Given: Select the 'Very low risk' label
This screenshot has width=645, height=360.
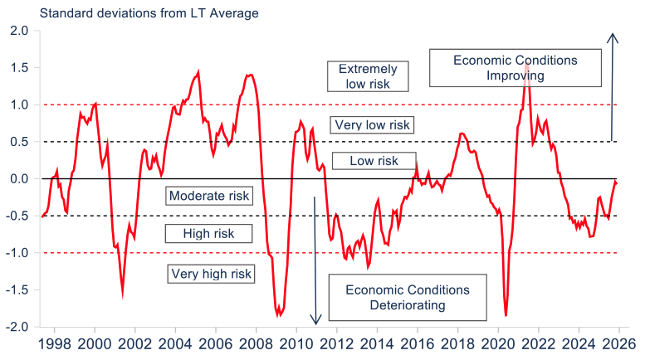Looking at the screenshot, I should coord(372,125).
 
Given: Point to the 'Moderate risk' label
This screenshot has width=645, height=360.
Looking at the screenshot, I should coord(208,197).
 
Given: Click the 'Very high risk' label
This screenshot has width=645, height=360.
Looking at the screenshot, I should coord(210,273).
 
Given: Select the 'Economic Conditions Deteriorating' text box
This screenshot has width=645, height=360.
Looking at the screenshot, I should coord(407,297).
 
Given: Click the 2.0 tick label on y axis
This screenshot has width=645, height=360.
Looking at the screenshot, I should coord(19,32).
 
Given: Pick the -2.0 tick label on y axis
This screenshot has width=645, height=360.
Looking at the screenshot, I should coord(17,327).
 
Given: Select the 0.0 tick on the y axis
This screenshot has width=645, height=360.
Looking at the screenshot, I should coord(19,179).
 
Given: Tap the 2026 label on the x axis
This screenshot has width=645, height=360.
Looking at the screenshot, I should coord(619,343).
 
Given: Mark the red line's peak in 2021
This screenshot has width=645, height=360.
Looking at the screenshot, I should coord(526,64).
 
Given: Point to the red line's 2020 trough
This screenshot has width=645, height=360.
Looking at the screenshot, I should coord(506,315).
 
